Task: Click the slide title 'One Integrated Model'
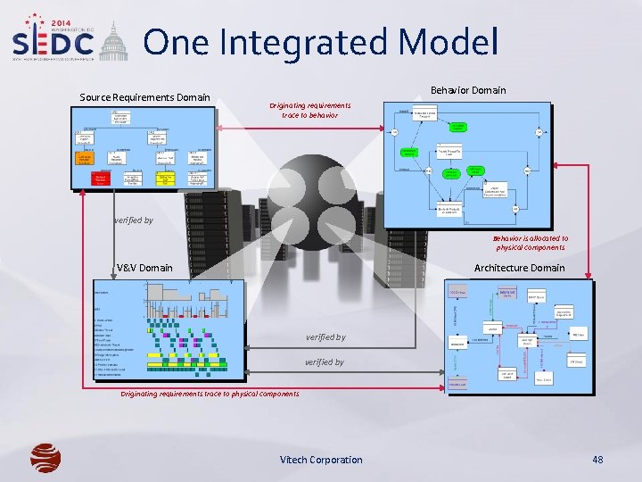point(320,42)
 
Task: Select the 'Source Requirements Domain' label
point(144,97)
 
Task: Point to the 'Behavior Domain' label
point(468,90)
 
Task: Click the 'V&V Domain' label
point(144,268)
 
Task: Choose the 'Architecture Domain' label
point(519,268)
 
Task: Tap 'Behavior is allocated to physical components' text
point(531,243)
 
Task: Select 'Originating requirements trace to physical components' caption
point(210,394)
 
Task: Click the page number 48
point(597,460)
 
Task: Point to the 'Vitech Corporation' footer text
point(321,460)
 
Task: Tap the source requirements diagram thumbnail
point(144,148)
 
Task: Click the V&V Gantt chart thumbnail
point(169,329)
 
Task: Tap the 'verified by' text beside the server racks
point(134,220)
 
